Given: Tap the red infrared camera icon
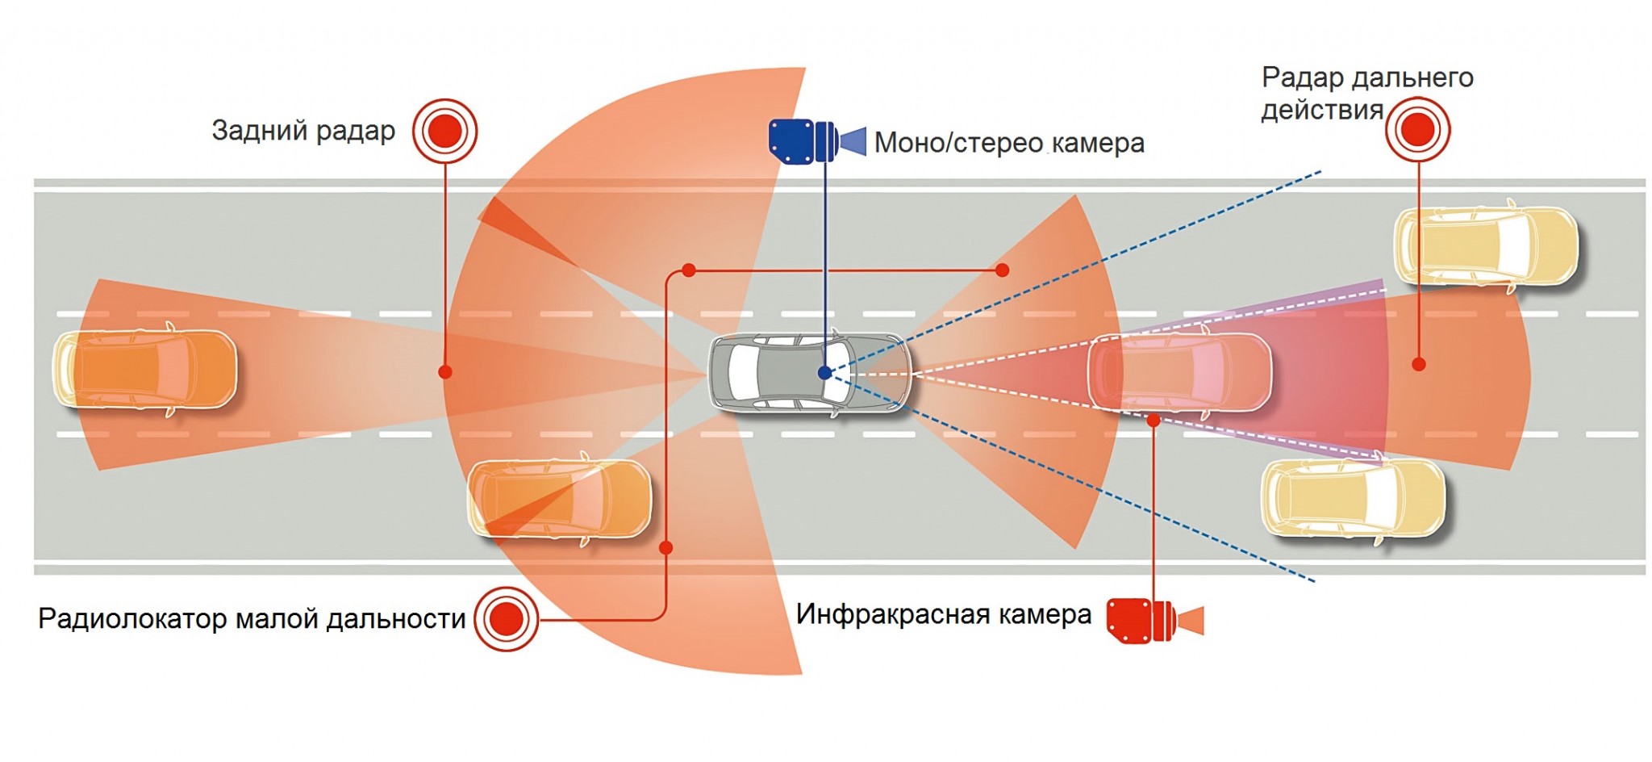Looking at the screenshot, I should point(1153,621).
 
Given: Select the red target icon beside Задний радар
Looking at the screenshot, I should point(444,131).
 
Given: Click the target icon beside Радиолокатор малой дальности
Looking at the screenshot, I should point(506,619).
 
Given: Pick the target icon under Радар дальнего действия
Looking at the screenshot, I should point(1417,129).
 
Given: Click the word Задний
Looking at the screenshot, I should point(258,131).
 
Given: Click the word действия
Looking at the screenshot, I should point(1321,110).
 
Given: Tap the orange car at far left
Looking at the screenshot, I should point(145,369).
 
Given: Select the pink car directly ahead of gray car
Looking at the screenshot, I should point(1179,373).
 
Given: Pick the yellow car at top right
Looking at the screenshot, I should point(1486,245).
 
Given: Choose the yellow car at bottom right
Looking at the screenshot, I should point(1353,498).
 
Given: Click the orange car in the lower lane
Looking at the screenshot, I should point(559,499).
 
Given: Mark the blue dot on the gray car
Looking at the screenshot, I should point(824,373).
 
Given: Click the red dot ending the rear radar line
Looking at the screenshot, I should point(445,372).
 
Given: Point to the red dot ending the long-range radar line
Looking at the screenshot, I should point(1418,365).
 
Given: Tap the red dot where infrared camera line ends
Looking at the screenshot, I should point(1153,421).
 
